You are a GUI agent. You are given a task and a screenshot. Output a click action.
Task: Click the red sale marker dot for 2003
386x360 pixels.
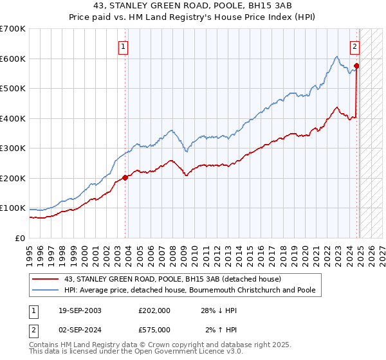pos(125,178)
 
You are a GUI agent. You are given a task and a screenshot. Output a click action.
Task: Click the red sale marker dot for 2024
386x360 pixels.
pos(356,66)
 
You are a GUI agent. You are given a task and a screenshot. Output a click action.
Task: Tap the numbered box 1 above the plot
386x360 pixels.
pos(122,46)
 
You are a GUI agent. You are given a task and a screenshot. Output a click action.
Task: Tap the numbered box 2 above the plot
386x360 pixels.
pos(354,46)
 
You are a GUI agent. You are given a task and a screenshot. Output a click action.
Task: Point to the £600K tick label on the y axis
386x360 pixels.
pos(13,59)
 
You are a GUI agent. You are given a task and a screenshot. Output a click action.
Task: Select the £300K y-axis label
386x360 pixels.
pos(13,148)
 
